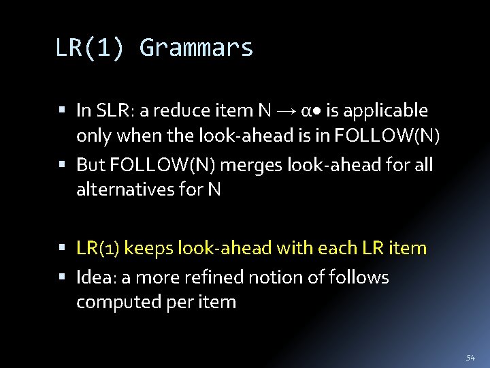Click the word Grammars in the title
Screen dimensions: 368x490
click(196, 48)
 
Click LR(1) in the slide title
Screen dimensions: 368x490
click(89, 48)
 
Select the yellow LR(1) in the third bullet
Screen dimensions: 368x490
click(98, 248)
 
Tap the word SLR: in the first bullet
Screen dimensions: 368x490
click(115, 110)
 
